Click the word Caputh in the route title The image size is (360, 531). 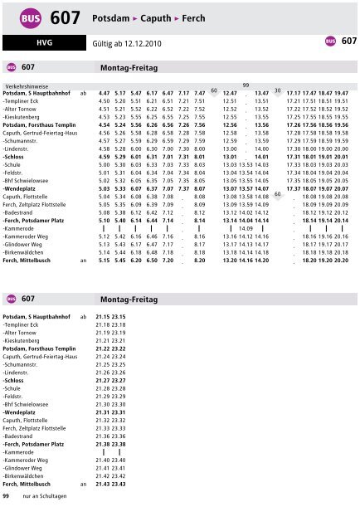[x=172, y=16]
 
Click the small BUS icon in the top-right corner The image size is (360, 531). [x=330, y=41]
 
